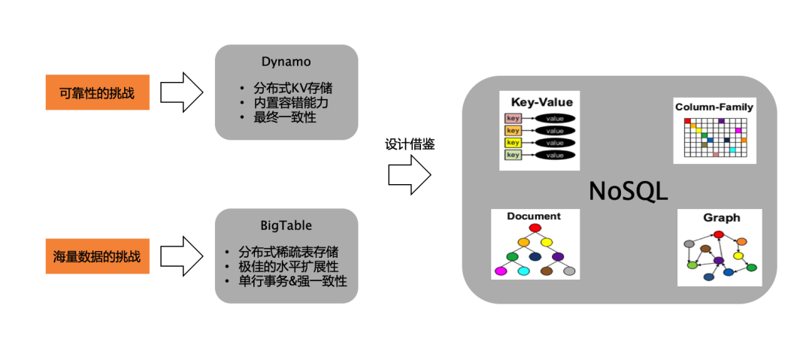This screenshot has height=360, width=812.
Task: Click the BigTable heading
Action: tap(286, 225)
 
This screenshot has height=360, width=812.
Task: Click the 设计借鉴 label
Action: tap(410, 144)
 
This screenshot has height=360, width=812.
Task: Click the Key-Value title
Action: tap(541, 102)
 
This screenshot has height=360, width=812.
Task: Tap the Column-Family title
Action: tap(714, 107)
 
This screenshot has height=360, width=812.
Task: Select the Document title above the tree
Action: tap(534, 216)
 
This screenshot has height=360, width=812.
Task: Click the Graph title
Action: tap(721, 218)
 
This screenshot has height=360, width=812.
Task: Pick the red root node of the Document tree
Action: tap(535, 228)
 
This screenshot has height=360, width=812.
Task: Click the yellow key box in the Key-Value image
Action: tap(513, 143)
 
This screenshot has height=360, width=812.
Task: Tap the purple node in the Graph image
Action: tap(719, 261)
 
